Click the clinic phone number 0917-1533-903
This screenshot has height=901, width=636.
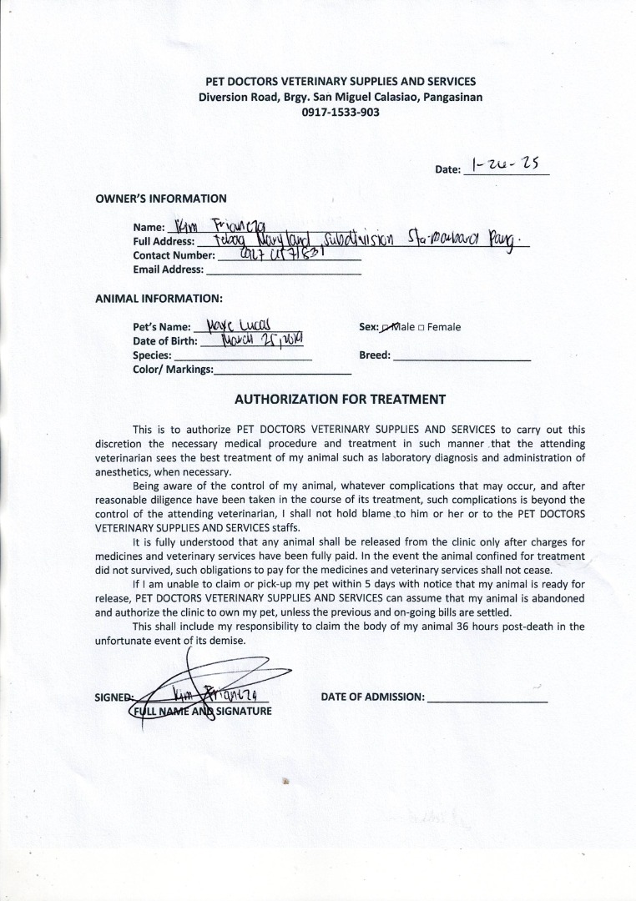pyautogui.click(x=340, y=111)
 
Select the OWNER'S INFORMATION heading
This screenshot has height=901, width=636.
pyautogui.click(x=161, y=199)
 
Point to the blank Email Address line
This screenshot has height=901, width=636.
pyautogui.click(x=284, y=270)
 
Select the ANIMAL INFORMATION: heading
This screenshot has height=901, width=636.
pyautogui.click(x=159, y=298)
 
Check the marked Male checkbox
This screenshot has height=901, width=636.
pyautogui.click(x=386, y=327)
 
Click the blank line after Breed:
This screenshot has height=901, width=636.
pyautogui.click(x=462, y=356)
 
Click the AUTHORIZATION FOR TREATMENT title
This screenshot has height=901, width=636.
pyautogui.click(x=340, y=400)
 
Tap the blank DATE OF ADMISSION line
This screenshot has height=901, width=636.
pyautogui.click(x=487, y=698)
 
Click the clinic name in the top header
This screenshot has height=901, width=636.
pyautogui.click(x=341, y=82)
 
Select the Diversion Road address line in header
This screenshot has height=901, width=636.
pyautogui.click(x=340, y=97)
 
